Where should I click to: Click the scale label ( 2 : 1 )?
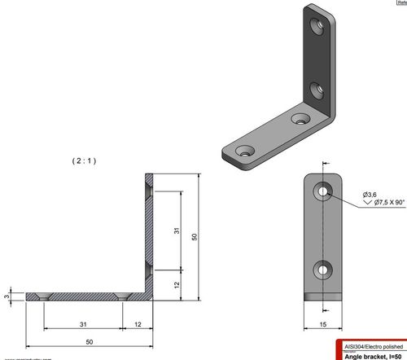pos(84,160)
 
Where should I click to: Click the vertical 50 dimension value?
pos(195,235)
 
